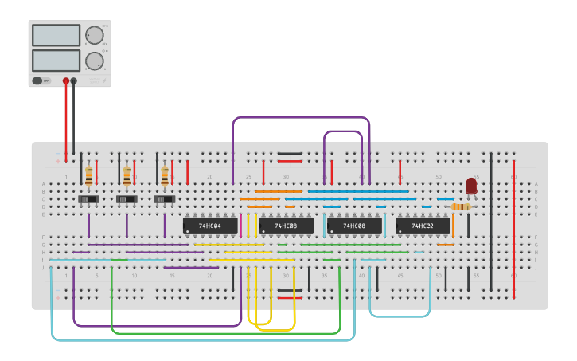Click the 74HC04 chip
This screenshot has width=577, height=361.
[210, 226]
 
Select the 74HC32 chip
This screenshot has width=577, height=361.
[423, 226]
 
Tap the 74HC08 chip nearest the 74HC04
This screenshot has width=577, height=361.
[286, 226]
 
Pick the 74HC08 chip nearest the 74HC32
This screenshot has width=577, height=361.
[354, 226]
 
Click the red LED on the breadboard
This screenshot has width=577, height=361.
[471, 186]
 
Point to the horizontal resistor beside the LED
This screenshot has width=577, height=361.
[461, 206]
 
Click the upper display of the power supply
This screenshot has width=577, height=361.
[56, 35]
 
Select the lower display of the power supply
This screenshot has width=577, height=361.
[56, 61]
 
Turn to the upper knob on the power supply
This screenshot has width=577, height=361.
[94, 35]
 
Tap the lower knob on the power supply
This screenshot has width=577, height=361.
[94, 61]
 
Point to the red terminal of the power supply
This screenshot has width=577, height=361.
[66, 80]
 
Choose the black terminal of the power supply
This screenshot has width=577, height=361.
[74, 80]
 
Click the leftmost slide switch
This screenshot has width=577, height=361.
[88, 198]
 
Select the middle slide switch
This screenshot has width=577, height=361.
[127, 198]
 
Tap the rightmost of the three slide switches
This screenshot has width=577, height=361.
[165, 198]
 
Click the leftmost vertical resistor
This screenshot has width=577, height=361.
[88, 175]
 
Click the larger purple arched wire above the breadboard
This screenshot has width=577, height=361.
[301, 118]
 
